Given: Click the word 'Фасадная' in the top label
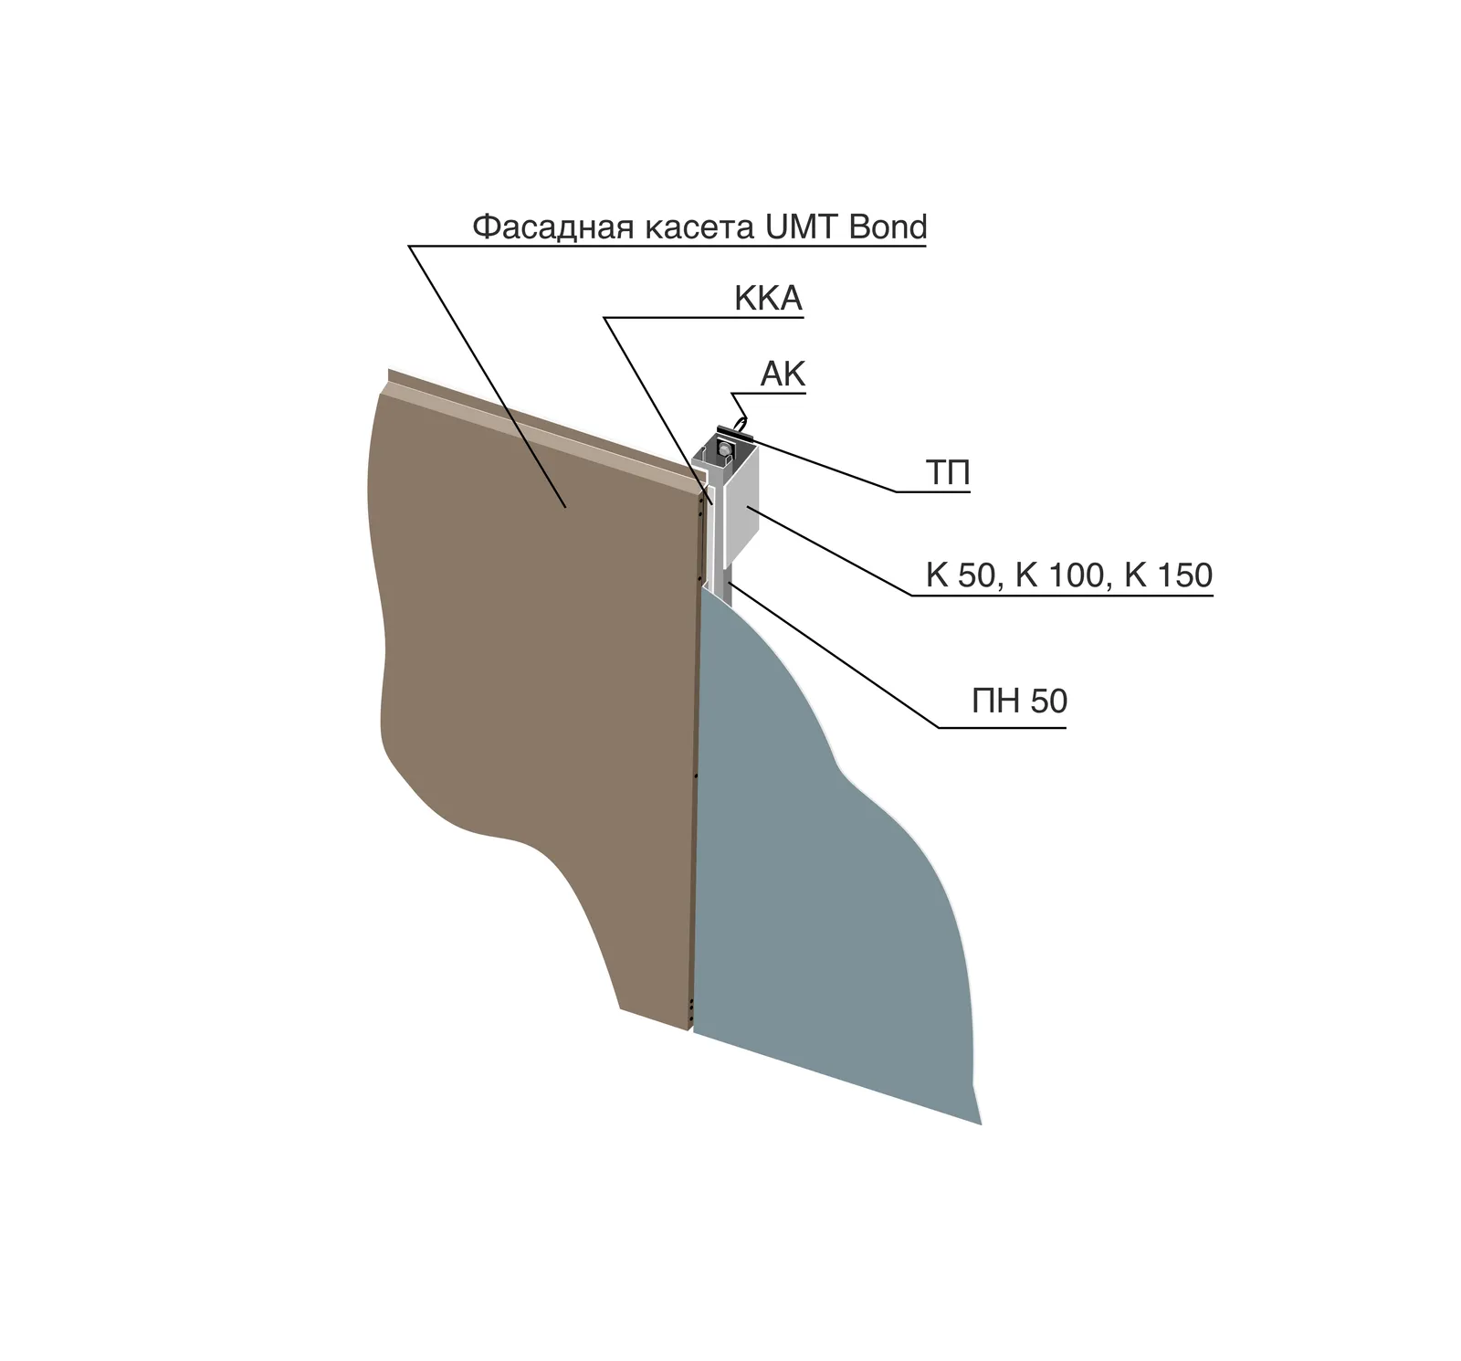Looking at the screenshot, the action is [x=552, y=227].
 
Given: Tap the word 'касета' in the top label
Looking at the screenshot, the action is [x=700, y=228].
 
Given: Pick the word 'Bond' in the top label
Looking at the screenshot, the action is [x=888, y=227].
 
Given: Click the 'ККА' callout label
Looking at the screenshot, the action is [x=768, y=299].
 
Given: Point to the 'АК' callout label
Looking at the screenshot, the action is [x=783, y=375].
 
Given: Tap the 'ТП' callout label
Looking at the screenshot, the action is [x=948, y=473].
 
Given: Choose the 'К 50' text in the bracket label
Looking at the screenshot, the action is [x=960, y=575].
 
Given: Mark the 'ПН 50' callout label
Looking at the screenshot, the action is [x=1019, y=702].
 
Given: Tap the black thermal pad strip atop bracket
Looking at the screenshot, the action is [x=735, y=434].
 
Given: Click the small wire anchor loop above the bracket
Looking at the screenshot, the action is [x=741, y=425].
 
